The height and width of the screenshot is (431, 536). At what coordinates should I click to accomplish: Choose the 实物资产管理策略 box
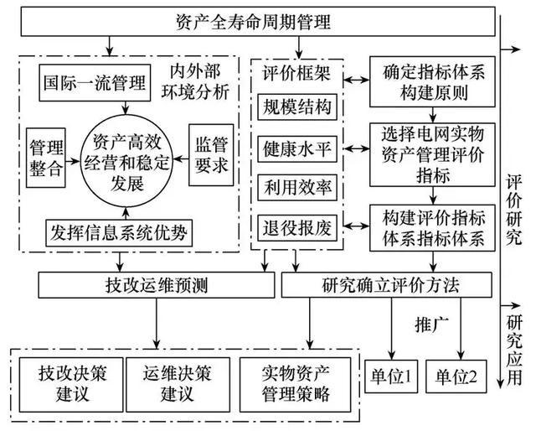(x=296, y=382)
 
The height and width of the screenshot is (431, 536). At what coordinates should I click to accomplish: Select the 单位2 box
(x=456, y=377)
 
